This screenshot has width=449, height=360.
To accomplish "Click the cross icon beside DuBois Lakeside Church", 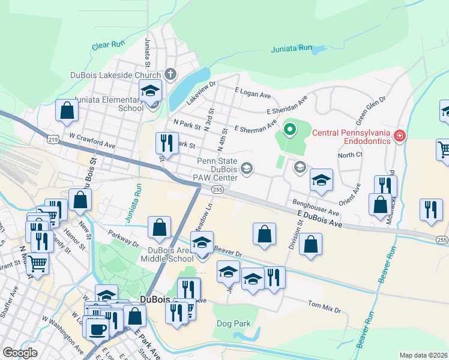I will pyautogui.click(x=170, y=75).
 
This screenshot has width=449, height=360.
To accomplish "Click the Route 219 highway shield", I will pyautogui.click(x=53, y=140).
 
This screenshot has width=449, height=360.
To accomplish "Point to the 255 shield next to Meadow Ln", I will pyautogui.click(x=217, y=189).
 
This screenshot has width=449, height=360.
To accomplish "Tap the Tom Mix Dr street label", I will pyautogui.click(x=324, y=307).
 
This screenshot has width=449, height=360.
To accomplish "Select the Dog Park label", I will pyautogui.click(x=234, y=323).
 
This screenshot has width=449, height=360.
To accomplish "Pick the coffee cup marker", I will pyautogui.click(x=97, y=328).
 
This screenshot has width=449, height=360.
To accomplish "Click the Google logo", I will pyautogui.click(x=20, y=353).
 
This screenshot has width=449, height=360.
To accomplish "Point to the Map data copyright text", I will pyautogui.click(x=424, y=355).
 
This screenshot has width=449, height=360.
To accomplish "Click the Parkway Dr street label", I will pyautogui.click(x=123, y=238).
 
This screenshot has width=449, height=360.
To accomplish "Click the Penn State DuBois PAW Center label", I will pyautogui.click(x=217, y=169).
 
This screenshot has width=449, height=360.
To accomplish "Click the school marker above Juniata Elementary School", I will pyautogui.click(x=150, y=91).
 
